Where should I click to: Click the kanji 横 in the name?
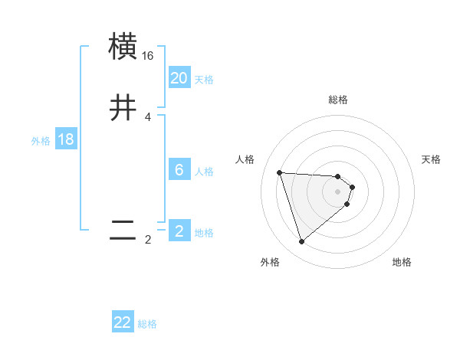click(x=123, y=46)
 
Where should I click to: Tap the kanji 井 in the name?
click(x=123, y=108)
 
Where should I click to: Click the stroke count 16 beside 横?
click(x=148, y=56)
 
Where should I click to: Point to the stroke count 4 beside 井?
click(x=148, y=117)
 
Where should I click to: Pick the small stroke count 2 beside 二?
click(x=148, y=240)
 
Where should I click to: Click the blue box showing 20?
click(x=179, y=78)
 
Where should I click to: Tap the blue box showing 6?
click(x=179, y=170)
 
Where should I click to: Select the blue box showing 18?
click(x=66, y=139)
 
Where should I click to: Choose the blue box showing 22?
click(x=123, y=322)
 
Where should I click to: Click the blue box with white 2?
click(x=179, y=231)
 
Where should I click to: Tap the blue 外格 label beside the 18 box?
click(x=41, y=141)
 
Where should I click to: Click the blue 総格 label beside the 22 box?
click(x=147, y=324)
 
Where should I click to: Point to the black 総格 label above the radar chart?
click(x=338, y=100)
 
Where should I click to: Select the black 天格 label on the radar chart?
click(x=432, y=159)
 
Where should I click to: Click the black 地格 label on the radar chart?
click(x=402, y=262)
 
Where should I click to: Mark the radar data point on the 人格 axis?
click(x=280, y=172)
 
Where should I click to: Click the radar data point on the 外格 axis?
click(x=301, y=242)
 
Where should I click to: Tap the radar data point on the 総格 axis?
click(x=338, y=175)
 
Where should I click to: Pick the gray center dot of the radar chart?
click(x=338, y=191)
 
